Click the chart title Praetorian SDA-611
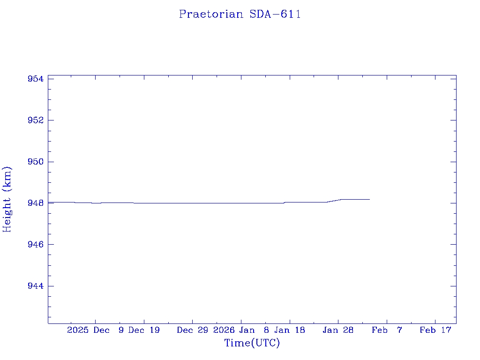(x=240, y=14)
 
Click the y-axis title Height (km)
(x=7, y=199)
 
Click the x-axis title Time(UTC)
(x=252, y=343)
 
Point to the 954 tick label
(x=36, y=79)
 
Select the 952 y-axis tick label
(x=36, y=120)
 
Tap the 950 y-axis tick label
(x=36, y=162)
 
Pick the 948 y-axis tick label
(x=36, y=203)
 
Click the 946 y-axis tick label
(x=36, y=245)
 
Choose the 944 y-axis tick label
(x=36, y=286)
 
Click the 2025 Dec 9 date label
(x=96, y=330)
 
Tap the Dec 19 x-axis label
(x=144, y=330)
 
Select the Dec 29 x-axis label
(x=192, y=330)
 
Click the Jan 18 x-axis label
(x=290, y=330)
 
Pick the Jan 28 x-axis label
(x=338, y=330)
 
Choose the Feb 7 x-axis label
(x=387, y=330)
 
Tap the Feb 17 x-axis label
(x=435, y=330)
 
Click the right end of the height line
(x=369, y=199)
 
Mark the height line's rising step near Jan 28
(x=334, y=201)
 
